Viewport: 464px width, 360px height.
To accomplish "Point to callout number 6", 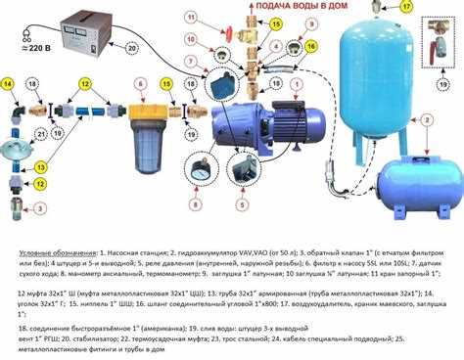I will [x=142, y=84].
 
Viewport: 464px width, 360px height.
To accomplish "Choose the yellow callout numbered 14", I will [x=10, y=84].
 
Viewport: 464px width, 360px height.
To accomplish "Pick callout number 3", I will [x=13, y=208].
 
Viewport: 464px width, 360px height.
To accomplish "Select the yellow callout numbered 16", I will [x=310, y=45].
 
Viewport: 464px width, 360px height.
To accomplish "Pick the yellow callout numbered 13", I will [x=41, y=168].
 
